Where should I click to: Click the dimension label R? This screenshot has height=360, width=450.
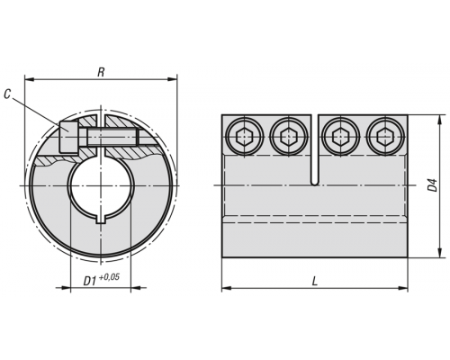click(x=101, y=72)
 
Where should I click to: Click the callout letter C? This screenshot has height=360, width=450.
click(x=7, y=94)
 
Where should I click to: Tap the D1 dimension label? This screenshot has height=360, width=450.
click(x=90, y=281)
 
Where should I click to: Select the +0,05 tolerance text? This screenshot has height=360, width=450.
click(x=109, y=277)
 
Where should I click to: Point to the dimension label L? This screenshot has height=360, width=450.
click(x=315, y=281)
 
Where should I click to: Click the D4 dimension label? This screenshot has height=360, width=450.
click(x=432, y=185)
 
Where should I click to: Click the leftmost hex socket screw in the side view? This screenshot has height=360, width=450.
click(x=245, y=137)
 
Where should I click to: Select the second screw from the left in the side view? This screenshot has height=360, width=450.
click(x=289, y=137)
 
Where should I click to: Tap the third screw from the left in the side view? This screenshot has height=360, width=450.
click(x=341, y=137)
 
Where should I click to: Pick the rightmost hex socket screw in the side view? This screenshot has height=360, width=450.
click(x=385, y=137)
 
